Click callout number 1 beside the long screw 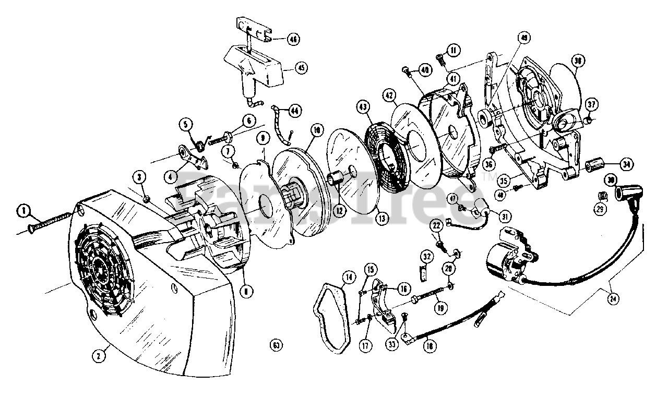coord(23,211)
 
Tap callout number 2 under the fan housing coord(98,356)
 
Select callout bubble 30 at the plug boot coord(611,179)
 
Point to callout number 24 coord(612,299)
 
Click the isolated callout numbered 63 coord(276,344)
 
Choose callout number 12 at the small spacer coord(339,211)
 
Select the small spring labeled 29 coord(601,197)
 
